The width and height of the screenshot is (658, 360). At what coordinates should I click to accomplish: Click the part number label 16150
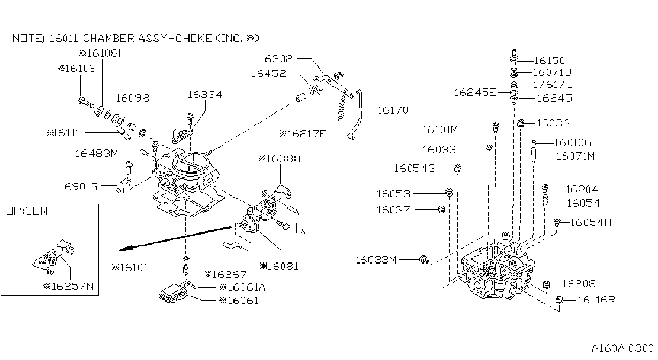[x=549, y=61]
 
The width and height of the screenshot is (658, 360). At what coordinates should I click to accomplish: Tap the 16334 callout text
[x=205, y=95]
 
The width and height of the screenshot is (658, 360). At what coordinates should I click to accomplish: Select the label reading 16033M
[x=376, y=260]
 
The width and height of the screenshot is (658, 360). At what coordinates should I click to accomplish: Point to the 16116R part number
[x=596, y=300]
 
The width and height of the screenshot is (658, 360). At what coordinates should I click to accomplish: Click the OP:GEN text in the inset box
[x=27, y=211]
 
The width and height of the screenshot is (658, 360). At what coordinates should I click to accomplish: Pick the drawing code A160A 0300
[x=623, y=348]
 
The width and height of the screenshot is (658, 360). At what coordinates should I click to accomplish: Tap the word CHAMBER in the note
[x=109, y=38]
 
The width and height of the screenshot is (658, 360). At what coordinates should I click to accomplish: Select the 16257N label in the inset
[x=68, y=286]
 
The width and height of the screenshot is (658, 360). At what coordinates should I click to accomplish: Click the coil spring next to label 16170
[x=342, y=108]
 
